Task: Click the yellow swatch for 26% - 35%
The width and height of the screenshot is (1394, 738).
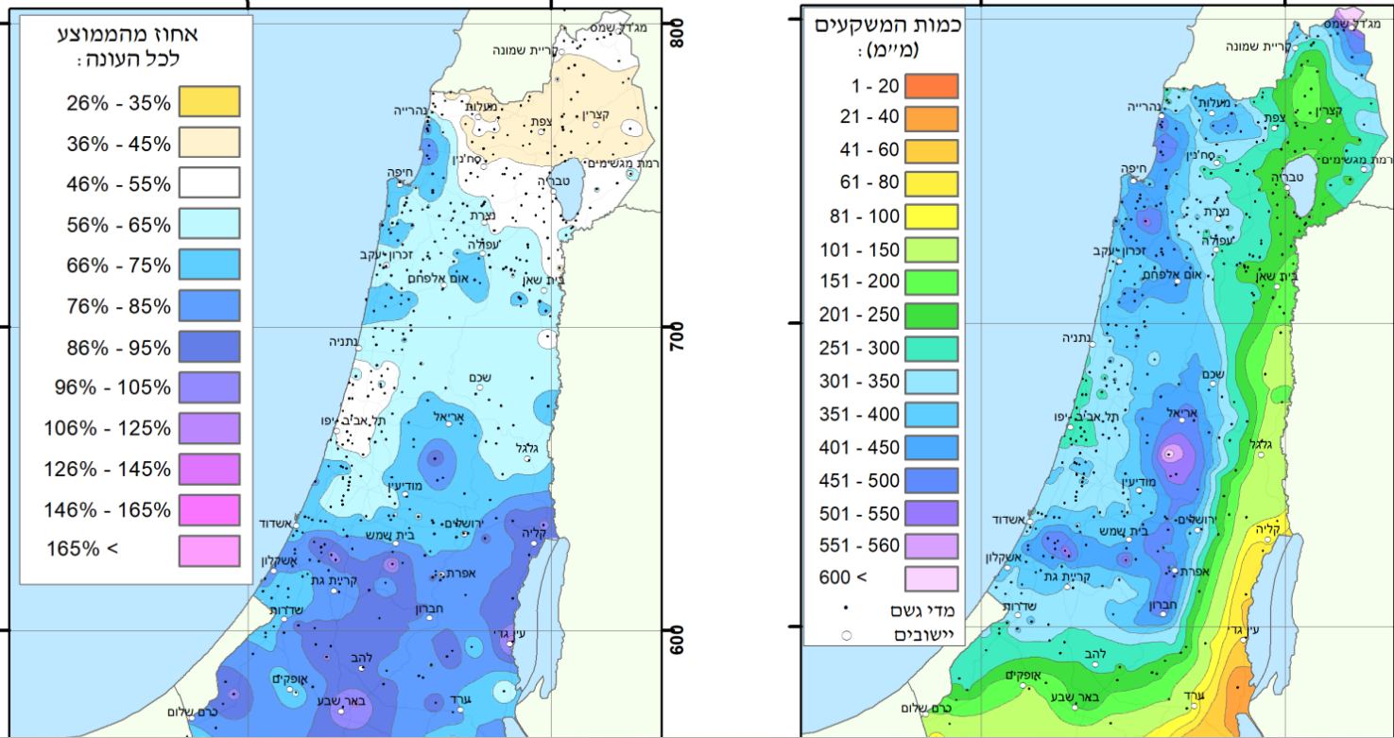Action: click(210, 101)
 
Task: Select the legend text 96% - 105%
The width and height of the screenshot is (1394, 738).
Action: click(108, 386)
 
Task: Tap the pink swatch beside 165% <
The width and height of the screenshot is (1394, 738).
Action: click(210, 549)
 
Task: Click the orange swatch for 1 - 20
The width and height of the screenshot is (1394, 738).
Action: click(931, 86)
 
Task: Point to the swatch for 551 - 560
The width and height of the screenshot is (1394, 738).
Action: click(931, 545)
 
